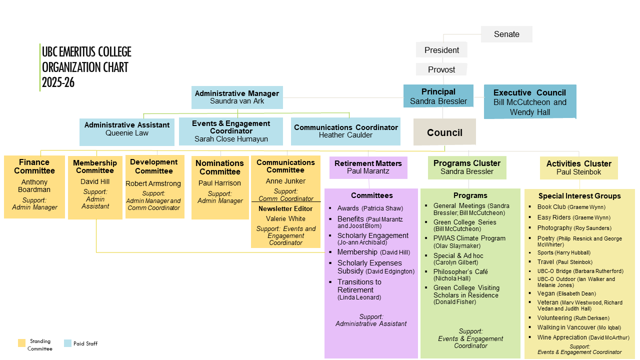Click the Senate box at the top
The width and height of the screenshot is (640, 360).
[506, 34]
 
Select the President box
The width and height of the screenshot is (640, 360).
[441, 50]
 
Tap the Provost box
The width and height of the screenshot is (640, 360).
[441, 69]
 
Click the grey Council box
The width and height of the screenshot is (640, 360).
[444, 132]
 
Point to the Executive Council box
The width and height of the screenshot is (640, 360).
[529, 102]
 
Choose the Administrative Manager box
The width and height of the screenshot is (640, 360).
[237, 97]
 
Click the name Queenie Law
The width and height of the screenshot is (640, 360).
[127, 133]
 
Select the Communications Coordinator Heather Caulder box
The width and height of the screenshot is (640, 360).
[345, 131]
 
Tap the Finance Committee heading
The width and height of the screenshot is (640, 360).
[34, 166]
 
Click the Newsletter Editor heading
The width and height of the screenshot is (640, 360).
[285, 208]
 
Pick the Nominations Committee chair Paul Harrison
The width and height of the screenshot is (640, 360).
[219, 183]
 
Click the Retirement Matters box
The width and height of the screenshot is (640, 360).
[368, 167]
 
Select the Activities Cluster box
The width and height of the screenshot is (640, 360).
[578, 167]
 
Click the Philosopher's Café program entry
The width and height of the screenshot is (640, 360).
[460, 271]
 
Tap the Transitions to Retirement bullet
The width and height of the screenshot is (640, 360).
[359, 285]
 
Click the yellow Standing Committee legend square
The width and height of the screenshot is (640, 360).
[21, 343]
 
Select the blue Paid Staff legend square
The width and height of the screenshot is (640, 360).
[68, 343]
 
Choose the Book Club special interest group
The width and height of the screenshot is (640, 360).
[551, 207]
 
